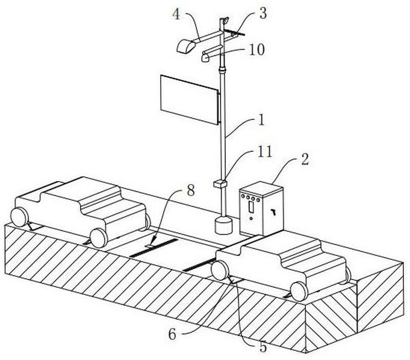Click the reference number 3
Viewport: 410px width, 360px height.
pos(263,13)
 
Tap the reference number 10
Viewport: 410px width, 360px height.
pos(256,50)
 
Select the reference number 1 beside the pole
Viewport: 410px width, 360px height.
pos(261,121)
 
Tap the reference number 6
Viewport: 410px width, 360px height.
pos(172,334)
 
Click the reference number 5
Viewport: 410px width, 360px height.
pos(262,347)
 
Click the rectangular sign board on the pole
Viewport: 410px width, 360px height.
pos(189,99)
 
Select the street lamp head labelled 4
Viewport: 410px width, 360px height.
pos(185,46)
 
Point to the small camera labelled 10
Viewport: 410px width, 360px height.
pos(206,57)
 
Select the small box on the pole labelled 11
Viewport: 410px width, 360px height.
pos(220,183)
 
